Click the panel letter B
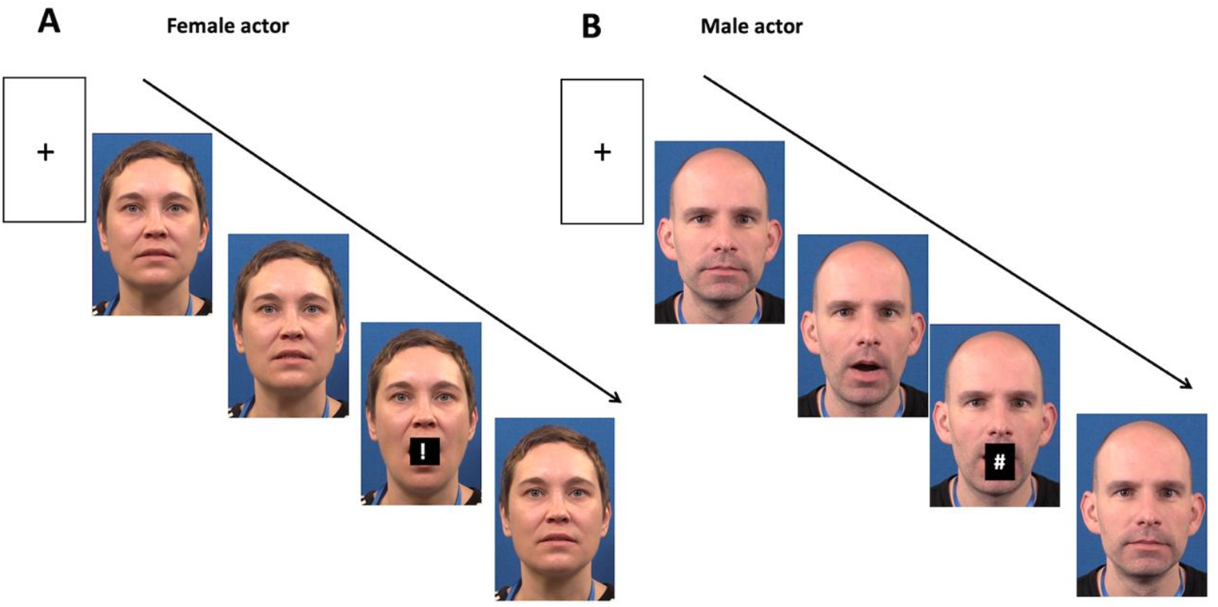point(592,26)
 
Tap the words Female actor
point(227,26)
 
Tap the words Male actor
point(751,27)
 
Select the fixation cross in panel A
point(46,152)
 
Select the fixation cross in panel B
point(602,152)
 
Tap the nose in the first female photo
point(153,232)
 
